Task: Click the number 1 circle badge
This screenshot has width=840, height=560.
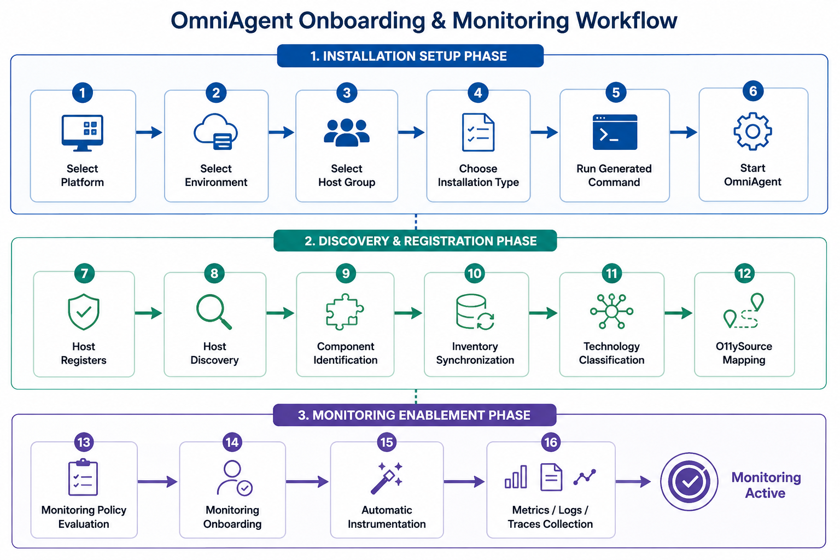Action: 82,92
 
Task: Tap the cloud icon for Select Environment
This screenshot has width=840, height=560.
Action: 215,132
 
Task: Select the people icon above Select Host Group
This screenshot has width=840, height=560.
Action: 347,132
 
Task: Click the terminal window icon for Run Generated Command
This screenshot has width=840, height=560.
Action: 615,132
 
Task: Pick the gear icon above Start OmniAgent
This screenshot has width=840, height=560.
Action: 752,131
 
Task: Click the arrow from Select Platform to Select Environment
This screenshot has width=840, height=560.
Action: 149,132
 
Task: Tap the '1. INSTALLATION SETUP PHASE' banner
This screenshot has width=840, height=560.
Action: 410,56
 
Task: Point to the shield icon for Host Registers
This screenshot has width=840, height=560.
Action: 84,312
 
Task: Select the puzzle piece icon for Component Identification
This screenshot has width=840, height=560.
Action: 345,312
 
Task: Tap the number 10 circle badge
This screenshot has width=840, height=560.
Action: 475,273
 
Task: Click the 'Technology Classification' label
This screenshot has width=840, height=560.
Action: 611,353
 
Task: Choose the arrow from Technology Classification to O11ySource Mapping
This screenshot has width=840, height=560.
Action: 678,313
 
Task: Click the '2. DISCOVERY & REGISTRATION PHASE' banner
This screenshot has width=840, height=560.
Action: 415,241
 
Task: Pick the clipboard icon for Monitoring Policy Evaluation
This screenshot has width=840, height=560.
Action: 83,477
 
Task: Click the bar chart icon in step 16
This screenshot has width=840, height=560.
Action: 516,477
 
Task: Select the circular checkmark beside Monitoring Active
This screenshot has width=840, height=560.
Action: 689,482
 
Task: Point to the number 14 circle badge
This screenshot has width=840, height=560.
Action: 232,442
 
